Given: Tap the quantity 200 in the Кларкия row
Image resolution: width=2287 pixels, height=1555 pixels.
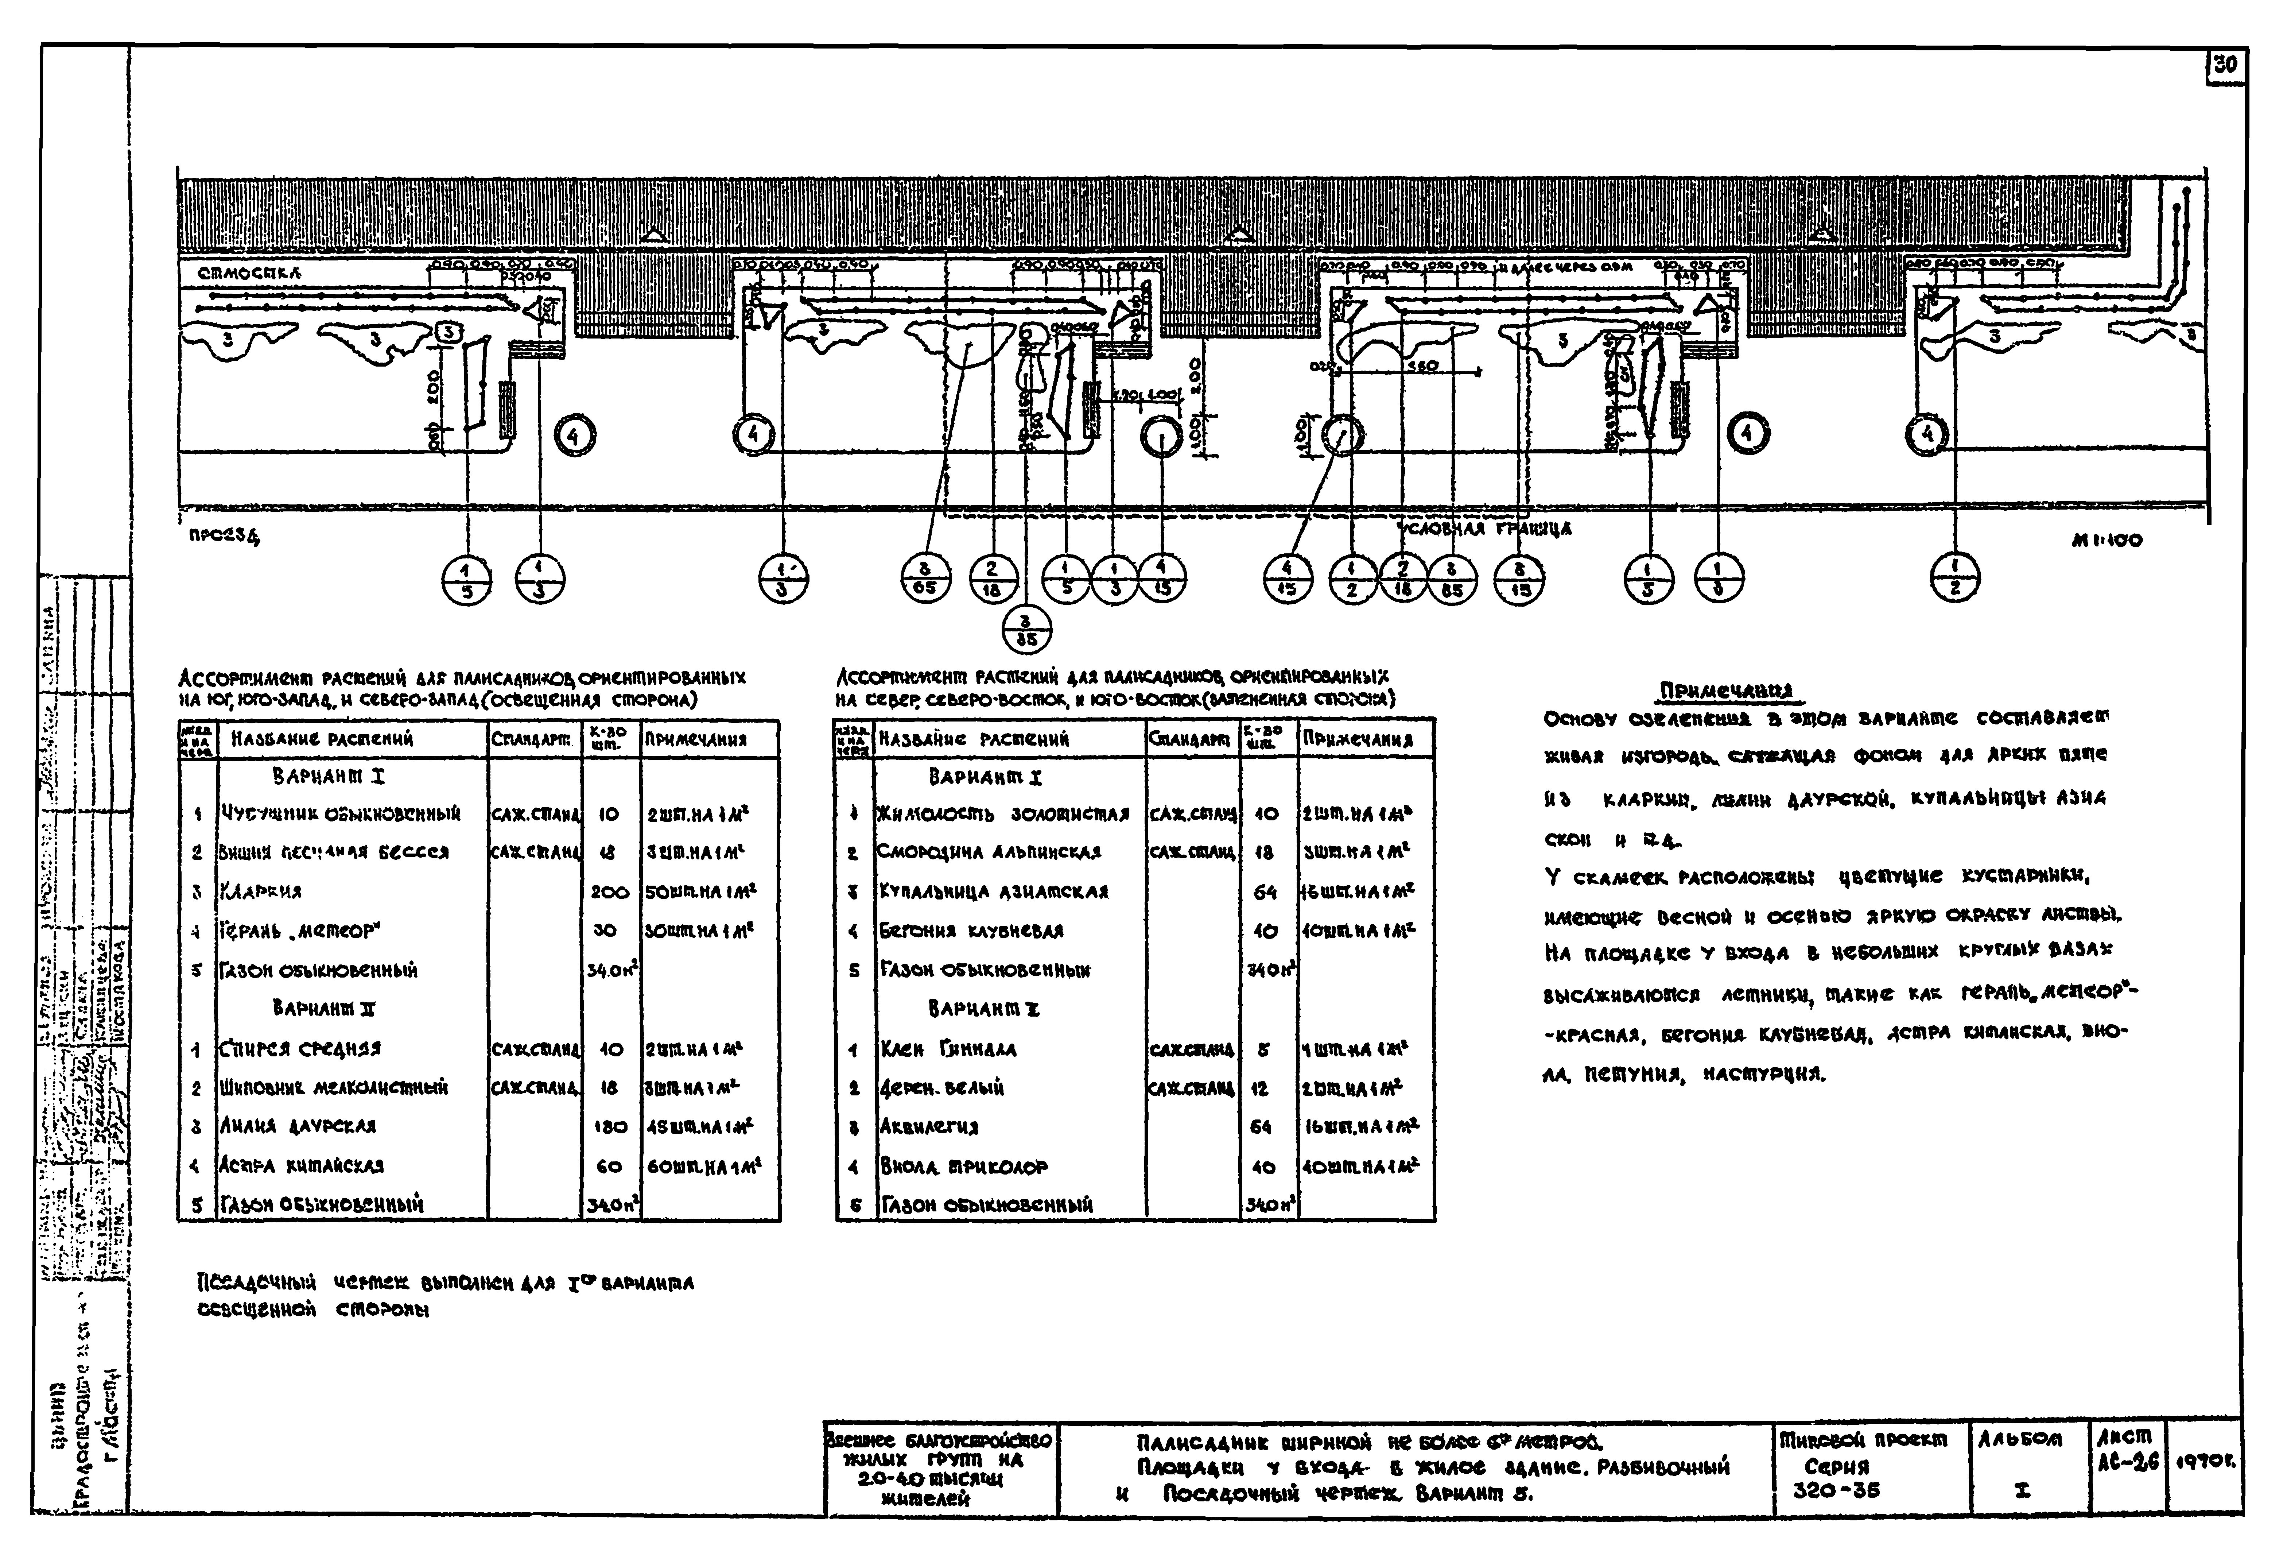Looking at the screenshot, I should (x=609, y=891).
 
